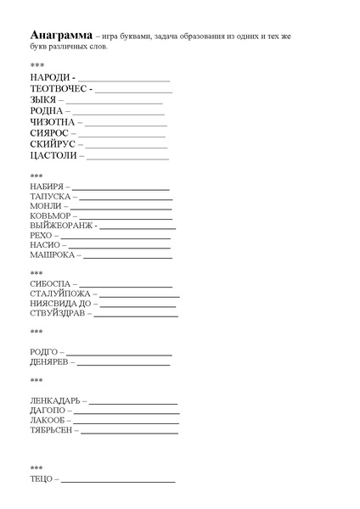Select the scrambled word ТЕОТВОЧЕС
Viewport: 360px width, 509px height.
coord(60,89)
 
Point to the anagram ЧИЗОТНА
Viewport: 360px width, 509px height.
coord(51,122)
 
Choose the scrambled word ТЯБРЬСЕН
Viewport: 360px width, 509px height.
coord(52,430)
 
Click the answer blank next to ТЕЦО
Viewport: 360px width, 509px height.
coord(118,481)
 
